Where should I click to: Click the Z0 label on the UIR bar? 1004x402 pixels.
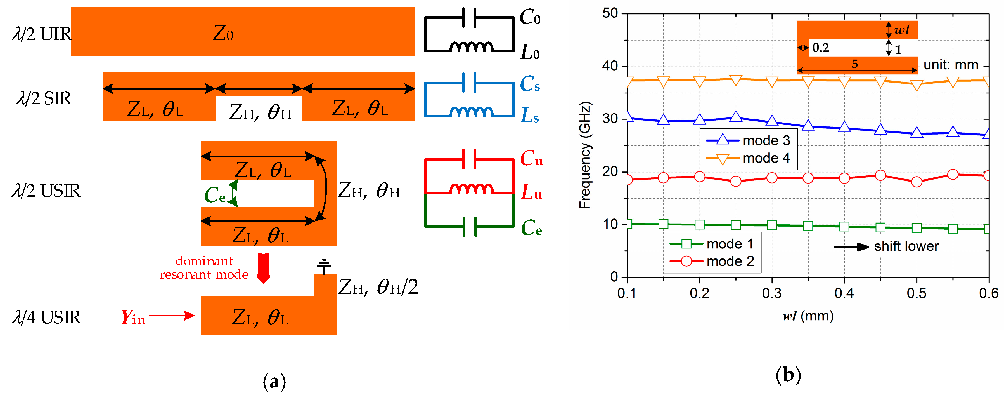click(223, 34)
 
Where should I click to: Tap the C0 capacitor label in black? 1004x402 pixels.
click(530, 18)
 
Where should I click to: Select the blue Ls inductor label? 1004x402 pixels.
click(530, 116)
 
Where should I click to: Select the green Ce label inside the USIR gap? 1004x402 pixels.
click(215, 195)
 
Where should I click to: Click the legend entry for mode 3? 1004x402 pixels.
click(748, 140)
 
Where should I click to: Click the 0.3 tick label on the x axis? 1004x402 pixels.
click(772, 293)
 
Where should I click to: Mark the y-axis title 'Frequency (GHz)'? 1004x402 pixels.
click(585, 155)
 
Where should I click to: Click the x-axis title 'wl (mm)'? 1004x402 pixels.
click(808, 316)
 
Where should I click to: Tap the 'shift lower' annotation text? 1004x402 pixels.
click(906, 246)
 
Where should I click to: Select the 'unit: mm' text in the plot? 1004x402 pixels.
click(951, 65)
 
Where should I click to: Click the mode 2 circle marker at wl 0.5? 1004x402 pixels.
click(916, 182)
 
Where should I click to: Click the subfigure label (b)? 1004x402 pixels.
click(788, 375)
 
